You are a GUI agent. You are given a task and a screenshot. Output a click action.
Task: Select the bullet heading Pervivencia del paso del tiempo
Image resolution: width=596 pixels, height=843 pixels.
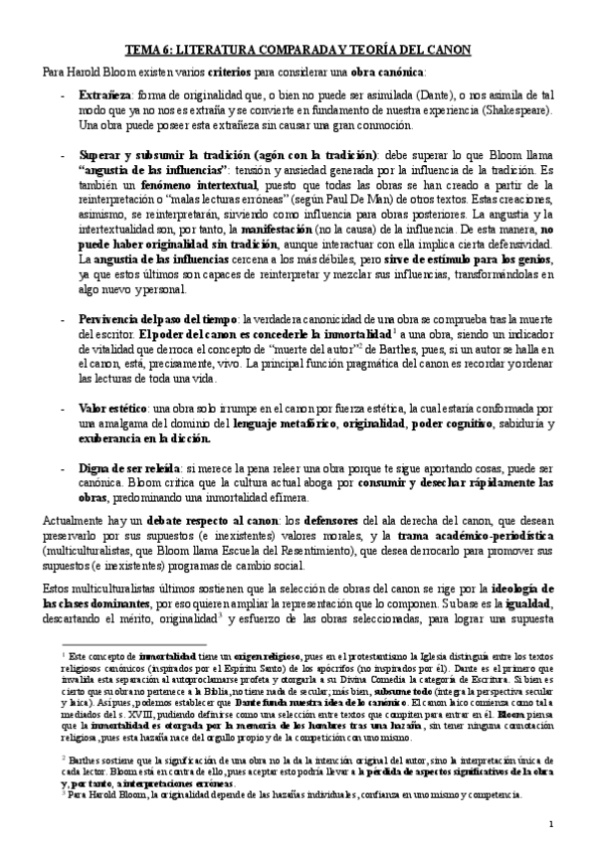click(x=145, y=320)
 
